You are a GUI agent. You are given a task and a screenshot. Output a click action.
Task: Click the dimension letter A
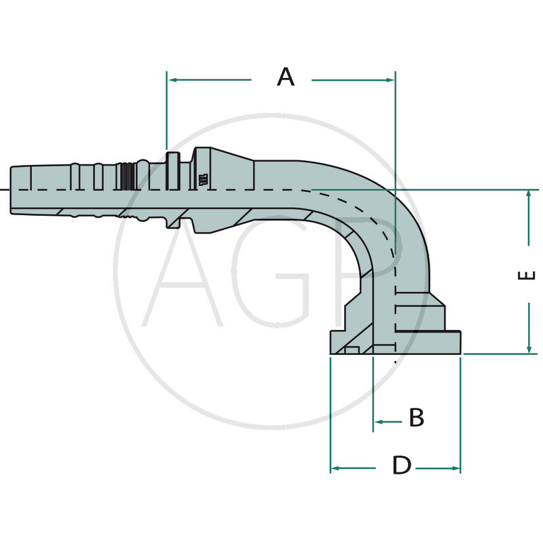[x=286, y=77]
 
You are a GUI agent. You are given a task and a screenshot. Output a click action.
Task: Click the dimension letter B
[x=416, y=417]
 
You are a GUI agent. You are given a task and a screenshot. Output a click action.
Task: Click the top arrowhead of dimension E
[x=529, y=195]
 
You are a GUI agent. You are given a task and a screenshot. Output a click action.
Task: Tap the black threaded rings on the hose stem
[x=126, y=177]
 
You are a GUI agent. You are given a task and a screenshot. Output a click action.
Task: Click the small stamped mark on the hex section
[x=202, y=180]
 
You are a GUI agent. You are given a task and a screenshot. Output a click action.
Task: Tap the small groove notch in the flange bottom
[x=352, y=350]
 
